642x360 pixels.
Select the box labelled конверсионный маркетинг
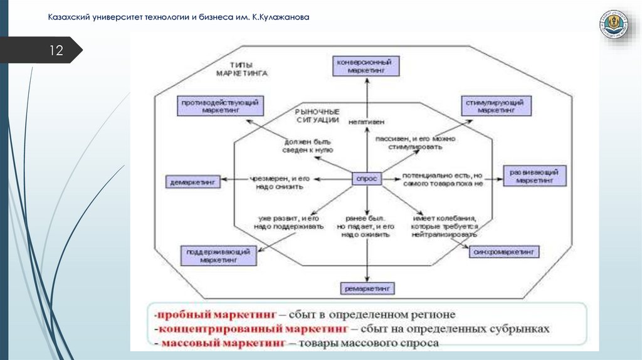tap(366, 65)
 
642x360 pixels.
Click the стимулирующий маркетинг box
tap(495, 105)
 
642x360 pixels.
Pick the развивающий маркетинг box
tap(534, 176)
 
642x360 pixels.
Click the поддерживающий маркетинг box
tap(218, 255)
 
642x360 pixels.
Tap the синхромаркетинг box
tap(504, 251)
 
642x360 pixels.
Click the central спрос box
tap(366, 179)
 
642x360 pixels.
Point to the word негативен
tap(367, 121)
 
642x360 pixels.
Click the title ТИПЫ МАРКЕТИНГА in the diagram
tap(241, 69)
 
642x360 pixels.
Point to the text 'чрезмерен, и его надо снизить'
tap(280, 182)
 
